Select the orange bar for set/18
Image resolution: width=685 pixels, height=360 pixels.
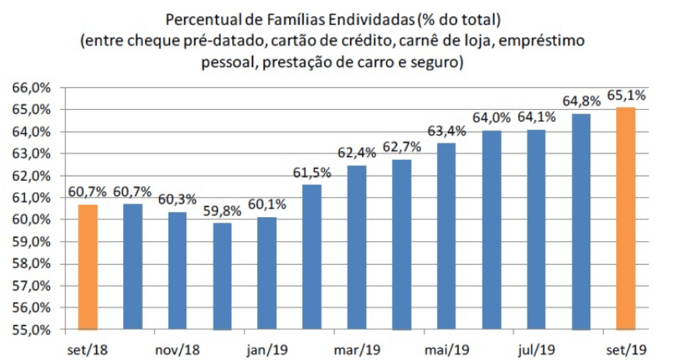point(87,267)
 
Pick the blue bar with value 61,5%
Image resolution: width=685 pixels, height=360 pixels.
point(312,257)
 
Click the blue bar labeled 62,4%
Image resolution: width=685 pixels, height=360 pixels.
point(357,247)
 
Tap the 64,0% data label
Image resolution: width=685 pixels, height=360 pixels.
point(491,117)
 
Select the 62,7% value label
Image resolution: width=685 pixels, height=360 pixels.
point(402,146)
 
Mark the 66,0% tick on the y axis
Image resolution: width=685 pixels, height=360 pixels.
point(29,88)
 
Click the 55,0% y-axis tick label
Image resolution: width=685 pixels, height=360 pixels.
point(29,330)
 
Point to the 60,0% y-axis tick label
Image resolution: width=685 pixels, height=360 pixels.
point(29,220)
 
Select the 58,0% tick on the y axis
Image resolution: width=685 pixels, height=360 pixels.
point(29,264)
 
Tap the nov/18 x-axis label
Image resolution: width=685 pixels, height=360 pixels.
point(177,350)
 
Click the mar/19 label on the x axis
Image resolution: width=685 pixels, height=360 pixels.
point(357,350)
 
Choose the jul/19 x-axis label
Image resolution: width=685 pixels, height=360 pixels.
point(536,350)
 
